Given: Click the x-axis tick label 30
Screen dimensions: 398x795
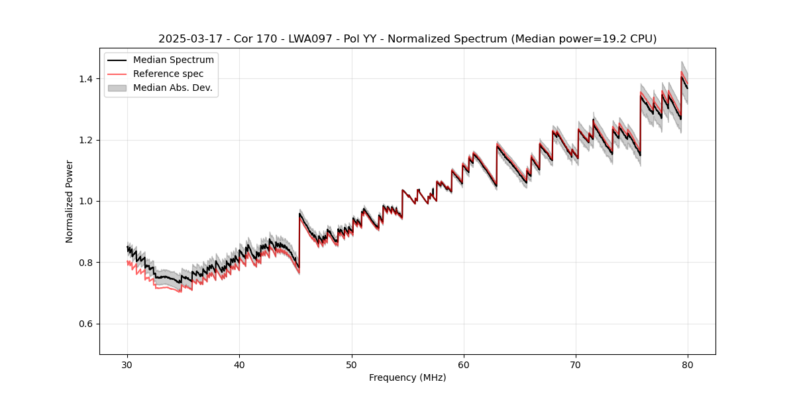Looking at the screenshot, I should (x=127, y=364).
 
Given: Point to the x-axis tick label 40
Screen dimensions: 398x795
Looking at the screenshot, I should (x=239, y=364).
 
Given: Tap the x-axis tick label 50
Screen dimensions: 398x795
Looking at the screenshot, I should (x=352, y=364).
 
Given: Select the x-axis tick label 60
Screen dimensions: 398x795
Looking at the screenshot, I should (x=464, y=364).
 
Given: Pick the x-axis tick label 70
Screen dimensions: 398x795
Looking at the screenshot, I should (x=576, y=364).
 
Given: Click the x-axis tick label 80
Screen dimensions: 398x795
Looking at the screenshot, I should (x=688, y=364).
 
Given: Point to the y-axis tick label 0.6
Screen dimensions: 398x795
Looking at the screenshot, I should (x=87, y=324).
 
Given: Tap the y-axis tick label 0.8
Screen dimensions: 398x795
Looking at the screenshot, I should (x=87, y=263).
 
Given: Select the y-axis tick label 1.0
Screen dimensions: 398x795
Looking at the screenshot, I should (x=87, y=201).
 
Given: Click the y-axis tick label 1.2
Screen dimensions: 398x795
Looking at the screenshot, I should (x=87, y=140).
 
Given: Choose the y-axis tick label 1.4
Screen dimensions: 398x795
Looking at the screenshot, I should (x=87, y=79).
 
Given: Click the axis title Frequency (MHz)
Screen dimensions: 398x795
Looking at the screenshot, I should (x=407, y=377).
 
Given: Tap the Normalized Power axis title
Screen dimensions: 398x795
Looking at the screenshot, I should (x=70, y=201).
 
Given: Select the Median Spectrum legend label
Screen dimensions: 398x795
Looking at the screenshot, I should (x=174, y=60).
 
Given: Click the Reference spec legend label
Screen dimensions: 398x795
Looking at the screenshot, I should (x=168, y=74).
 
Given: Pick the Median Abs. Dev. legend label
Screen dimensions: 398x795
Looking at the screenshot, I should (x=173, y=88).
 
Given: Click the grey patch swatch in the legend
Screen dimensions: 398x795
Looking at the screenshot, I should (x=117, y=88).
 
